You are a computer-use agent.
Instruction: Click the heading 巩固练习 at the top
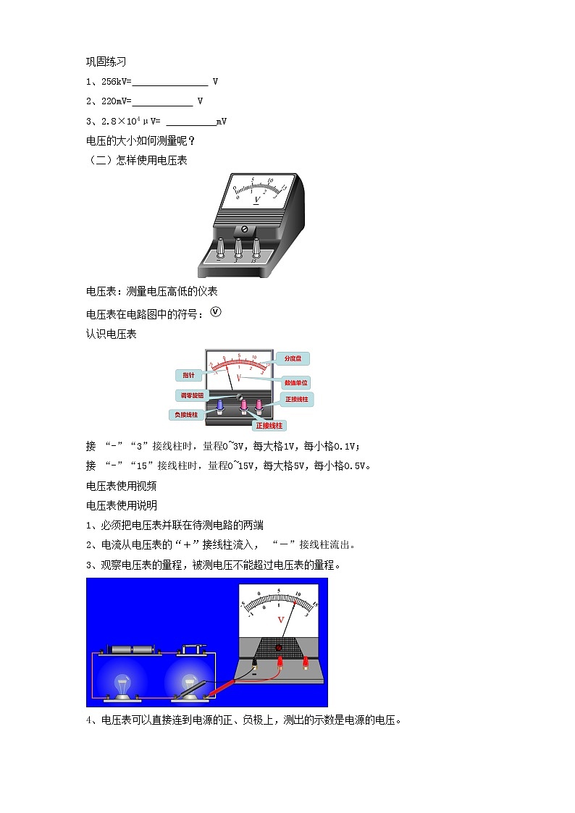(106, 62)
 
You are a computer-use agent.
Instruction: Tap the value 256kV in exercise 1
(110, 82)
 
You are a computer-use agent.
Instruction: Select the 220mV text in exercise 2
(110, 101)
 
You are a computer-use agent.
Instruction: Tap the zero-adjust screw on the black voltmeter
(244, 229)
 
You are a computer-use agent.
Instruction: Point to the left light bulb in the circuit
(122, 683)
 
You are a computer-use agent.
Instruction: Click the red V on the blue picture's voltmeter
(281, 620)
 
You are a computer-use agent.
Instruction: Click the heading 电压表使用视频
(122, 486)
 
